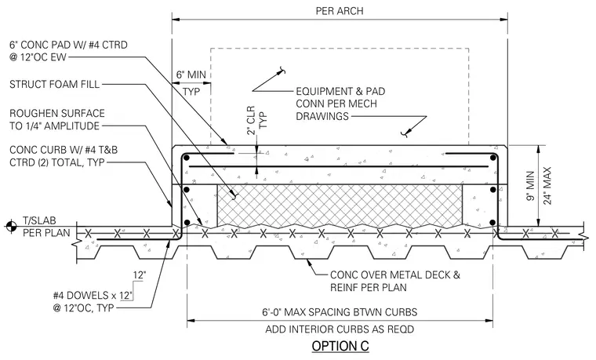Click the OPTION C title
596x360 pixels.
[x=340, y=347]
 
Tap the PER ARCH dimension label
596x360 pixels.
[x=340, y=11]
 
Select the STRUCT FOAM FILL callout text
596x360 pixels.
[x=54, y=84]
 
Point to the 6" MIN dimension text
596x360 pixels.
[x=191, y=75]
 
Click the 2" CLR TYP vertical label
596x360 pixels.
[x=257, y=120]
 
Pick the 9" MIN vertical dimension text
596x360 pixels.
[x=531, y=186]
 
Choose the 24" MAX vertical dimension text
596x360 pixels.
[x=547, y=186]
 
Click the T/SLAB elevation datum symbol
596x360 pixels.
[x=12, y=226]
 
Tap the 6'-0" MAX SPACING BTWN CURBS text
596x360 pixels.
[x=340, y=312]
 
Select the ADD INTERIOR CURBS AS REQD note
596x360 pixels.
[x=340, y=329]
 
